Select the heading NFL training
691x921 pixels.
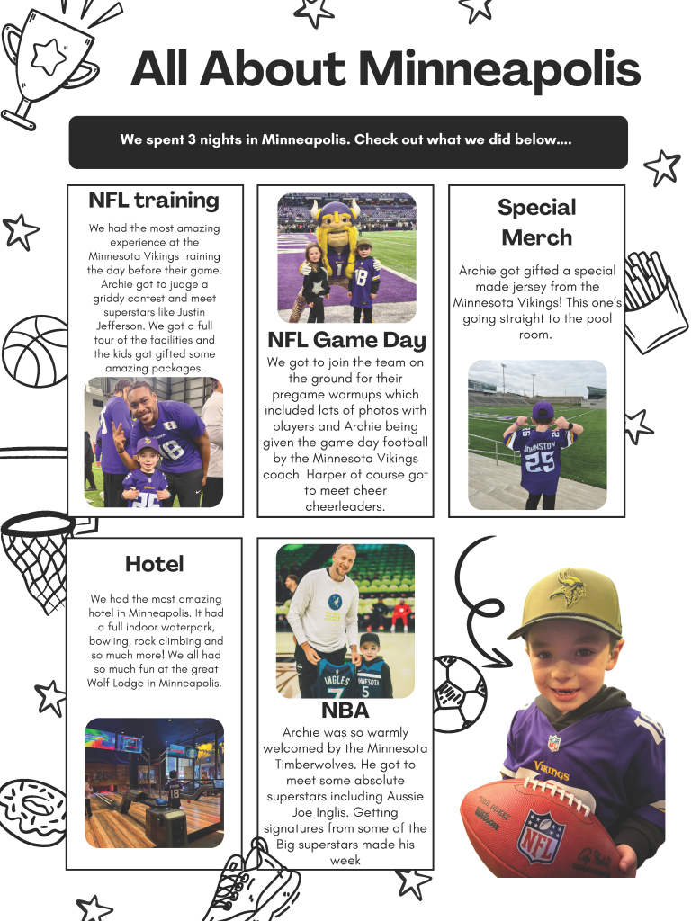(x=153, y=200)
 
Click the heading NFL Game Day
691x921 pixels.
(x=346, y=340)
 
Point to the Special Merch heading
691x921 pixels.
(x=536, y=222)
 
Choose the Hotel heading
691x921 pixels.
(x=154, y=564)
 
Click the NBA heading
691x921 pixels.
(x=345, y=711)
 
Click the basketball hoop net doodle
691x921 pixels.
(x=36, y=558)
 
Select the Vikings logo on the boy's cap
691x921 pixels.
(x=569, y=589)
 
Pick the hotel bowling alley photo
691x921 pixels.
(x=154, y=782)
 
